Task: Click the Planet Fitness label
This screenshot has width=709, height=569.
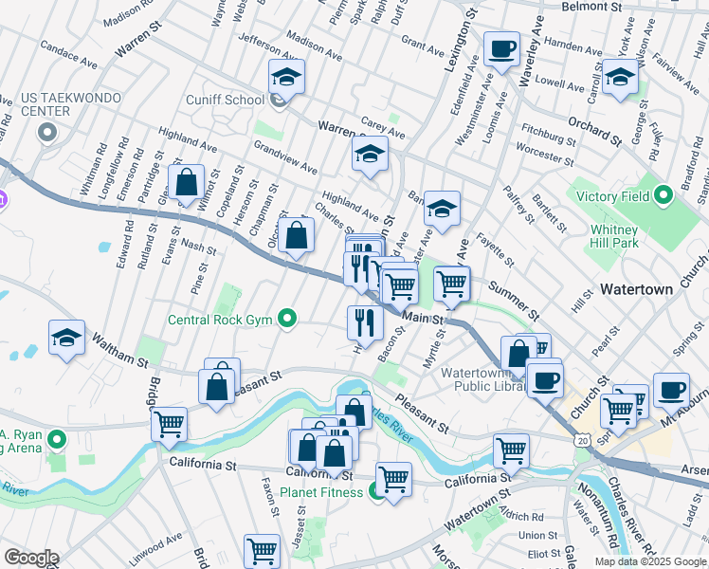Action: tap(326, 492)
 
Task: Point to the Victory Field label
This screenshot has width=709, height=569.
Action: tap(613, 196)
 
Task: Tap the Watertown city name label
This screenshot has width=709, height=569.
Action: tap(636, 288)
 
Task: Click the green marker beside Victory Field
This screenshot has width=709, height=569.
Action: tap(664, 196)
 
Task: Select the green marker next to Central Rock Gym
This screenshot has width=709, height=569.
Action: tap(288, 319)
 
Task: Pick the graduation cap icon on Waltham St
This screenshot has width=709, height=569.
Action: tap(66, 338)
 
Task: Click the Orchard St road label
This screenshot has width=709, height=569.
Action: tap(594, 131)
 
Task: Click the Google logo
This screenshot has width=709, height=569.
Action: tap(31, 558)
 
